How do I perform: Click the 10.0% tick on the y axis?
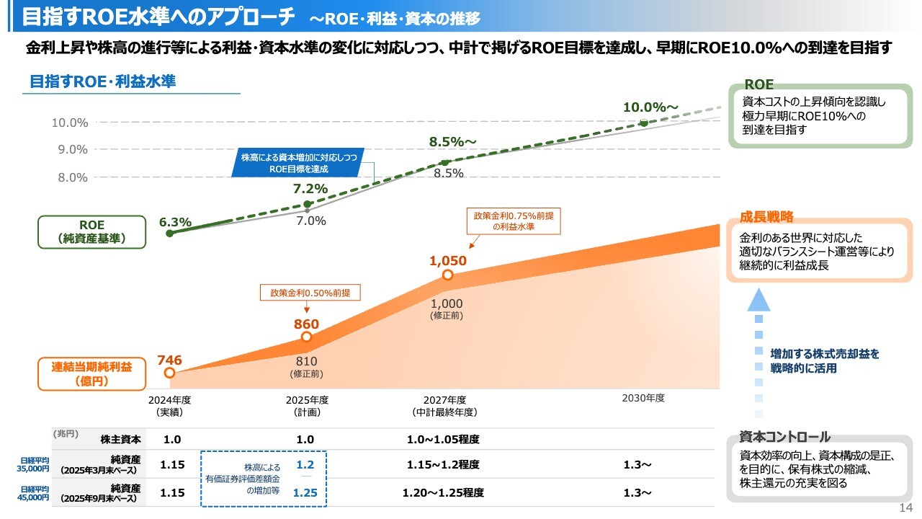pos(70,123)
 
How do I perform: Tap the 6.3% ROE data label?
pos(175,222)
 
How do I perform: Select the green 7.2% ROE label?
pos(310,189)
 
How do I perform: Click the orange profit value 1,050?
pos(448,261)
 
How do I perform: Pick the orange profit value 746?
pos(169,360)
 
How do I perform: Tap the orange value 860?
pos(306,324)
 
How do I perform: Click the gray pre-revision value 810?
pos(306,360)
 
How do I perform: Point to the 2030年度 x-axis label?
pos(643,398)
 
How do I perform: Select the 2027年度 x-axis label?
pos(444,400)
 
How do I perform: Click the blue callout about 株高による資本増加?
pos(298,163)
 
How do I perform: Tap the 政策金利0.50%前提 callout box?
pos(310,293)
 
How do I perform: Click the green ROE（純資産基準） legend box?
pos(91,231)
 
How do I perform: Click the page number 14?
pos(905,509)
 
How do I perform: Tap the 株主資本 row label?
pos(121,439)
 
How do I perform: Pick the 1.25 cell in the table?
pos(305,493)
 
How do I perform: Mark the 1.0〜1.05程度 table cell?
pos(443,439)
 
